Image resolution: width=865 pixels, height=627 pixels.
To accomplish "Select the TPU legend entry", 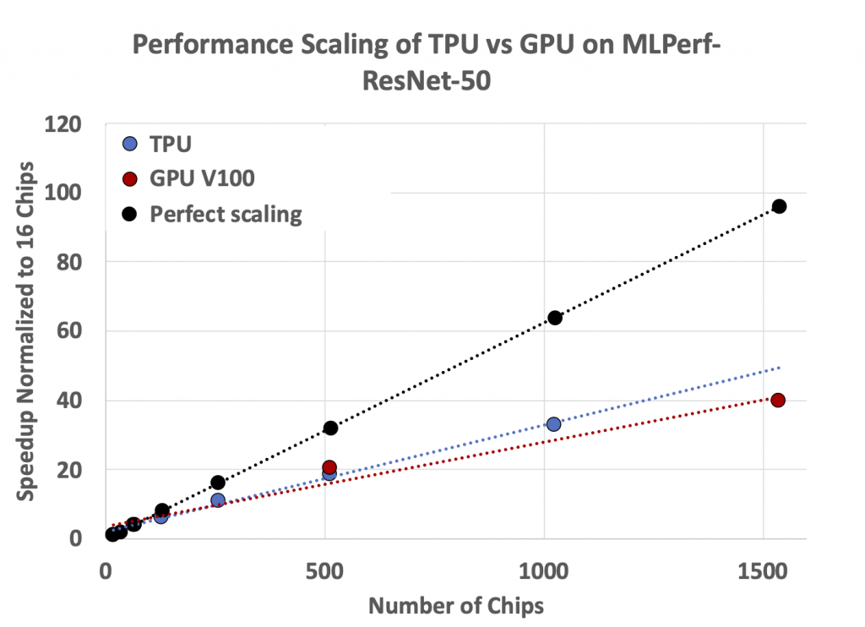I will pos(170,144).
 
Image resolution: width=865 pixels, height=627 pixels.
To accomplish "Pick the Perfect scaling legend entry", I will pos(225,214).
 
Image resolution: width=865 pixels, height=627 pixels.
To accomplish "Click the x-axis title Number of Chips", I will pos(456,606).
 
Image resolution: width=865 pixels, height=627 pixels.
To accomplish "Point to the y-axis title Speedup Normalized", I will pos(27,330).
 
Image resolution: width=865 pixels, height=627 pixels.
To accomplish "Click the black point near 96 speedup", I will pos(779,206).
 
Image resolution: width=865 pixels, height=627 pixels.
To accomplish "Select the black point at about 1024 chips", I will pos(554,318).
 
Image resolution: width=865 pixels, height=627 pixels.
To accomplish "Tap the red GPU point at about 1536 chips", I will pos(778,400).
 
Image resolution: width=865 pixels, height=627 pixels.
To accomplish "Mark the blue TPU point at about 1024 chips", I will pos(553,424).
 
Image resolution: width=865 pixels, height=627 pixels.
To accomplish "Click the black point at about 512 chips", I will pos(330,428).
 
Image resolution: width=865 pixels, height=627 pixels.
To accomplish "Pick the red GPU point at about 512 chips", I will pos(329,467).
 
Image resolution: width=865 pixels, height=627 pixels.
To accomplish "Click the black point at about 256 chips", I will pos(218,483).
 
